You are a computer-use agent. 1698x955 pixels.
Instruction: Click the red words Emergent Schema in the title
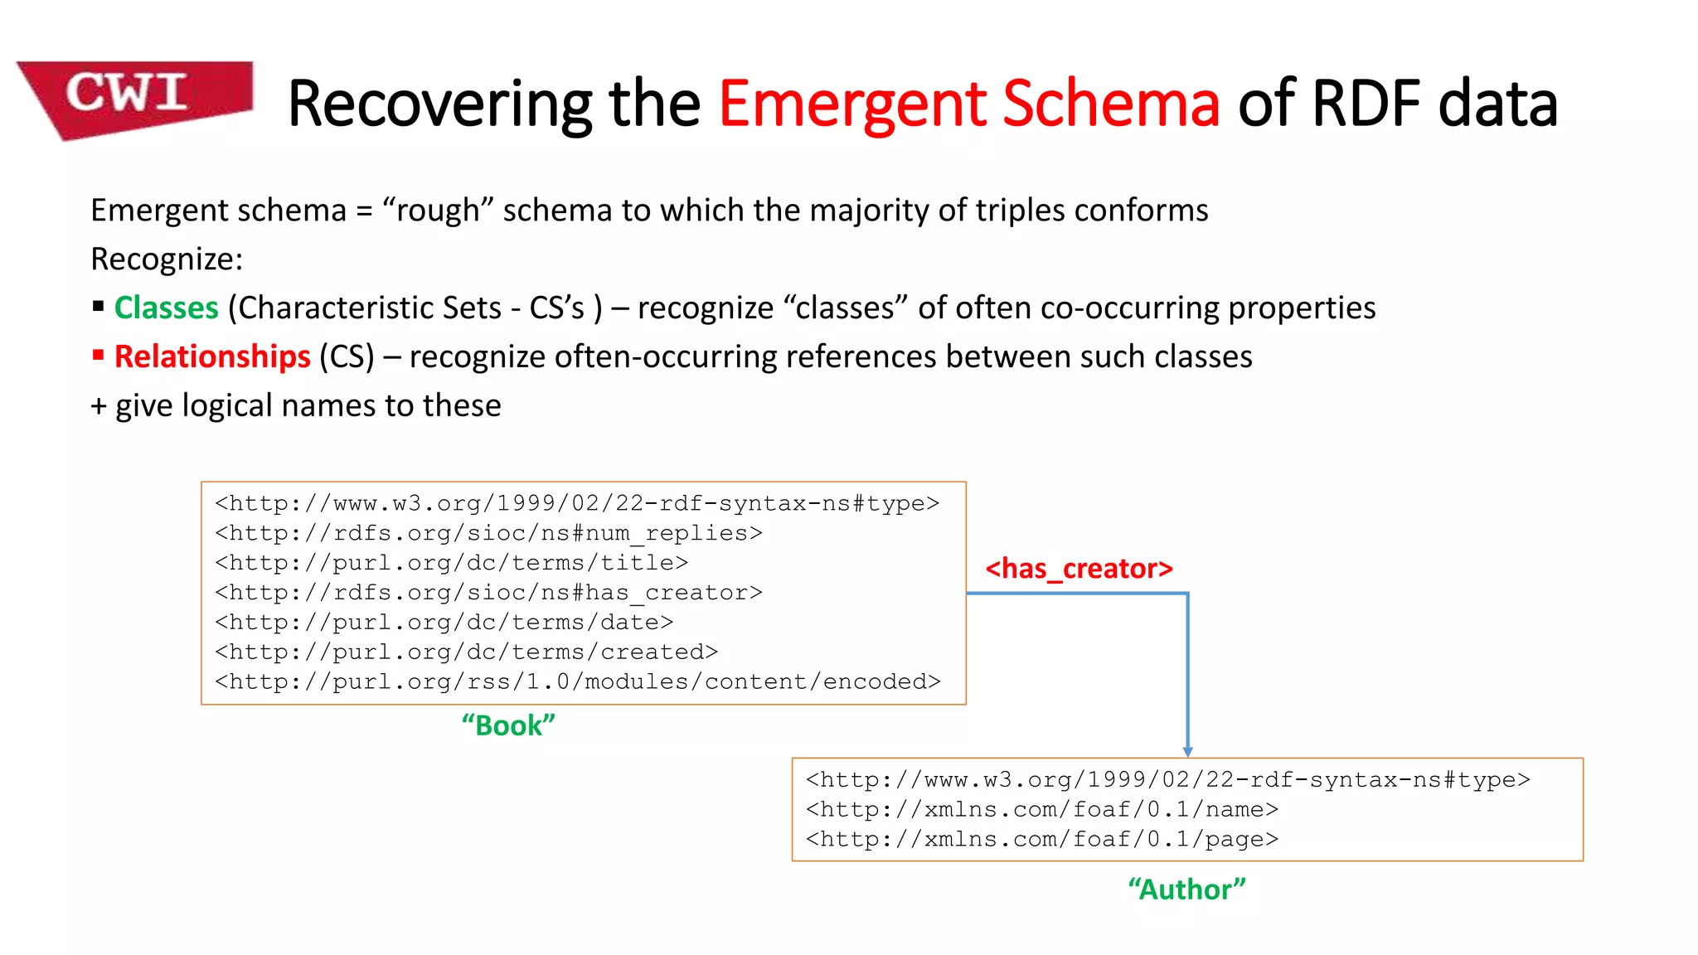tap(968, 104)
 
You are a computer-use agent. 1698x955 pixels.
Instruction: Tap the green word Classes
tap(166, 308)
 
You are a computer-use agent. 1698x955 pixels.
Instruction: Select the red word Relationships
tap(212, 356)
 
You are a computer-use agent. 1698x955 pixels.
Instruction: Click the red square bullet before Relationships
tap(99, 356)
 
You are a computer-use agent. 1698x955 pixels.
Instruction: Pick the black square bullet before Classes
tap(99, 307)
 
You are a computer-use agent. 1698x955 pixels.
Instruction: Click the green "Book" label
tap(508, 725)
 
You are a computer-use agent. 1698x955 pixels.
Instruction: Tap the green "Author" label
tap(1186, 890)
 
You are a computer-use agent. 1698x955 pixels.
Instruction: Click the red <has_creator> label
tap(1079, 569)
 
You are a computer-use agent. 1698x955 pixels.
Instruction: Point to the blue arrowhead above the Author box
tap(1187, 751)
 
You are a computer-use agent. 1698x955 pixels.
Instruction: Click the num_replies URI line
tap(488, 533)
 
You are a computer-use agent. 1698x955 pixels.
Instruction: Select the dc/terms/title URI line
tap(452, 563)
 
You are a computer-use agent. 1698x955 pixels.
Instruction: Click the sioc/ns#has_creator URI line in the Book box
tap(488, 593)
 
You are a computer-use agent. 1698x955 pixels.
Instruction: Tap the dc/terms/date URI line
tap(444, 623)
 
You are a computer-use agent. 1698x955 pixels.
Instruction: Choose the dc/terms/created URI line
tap(466, 652)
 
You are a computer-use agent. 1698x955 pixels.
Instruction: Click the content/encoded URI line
tap(578, 681)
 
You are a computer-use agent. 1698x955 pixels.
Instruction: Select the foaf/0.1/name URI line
tap(1042, 809)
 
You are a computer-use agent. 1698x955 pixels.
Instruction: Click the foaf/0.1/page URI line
tap(1042, 839)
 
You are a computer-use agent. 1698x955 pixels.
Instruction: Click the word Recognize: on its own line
tap(167, 259)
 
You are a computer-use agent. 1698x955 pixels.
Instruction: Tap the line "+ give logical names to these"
tap(296, 405)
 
